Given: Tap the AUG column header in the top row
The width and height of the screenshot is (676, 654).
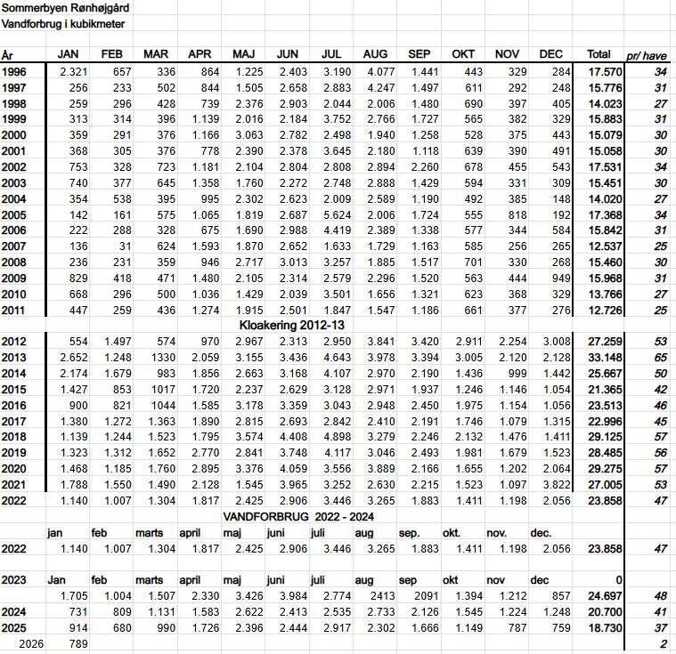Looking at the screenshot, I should tap(375, 55).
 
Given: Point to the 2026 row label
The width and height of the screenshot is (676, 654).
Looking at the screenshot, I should tap(31, 643).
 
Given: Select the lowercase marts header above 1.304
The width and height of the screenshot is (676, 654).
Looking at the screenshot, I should tap(150, 532).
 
